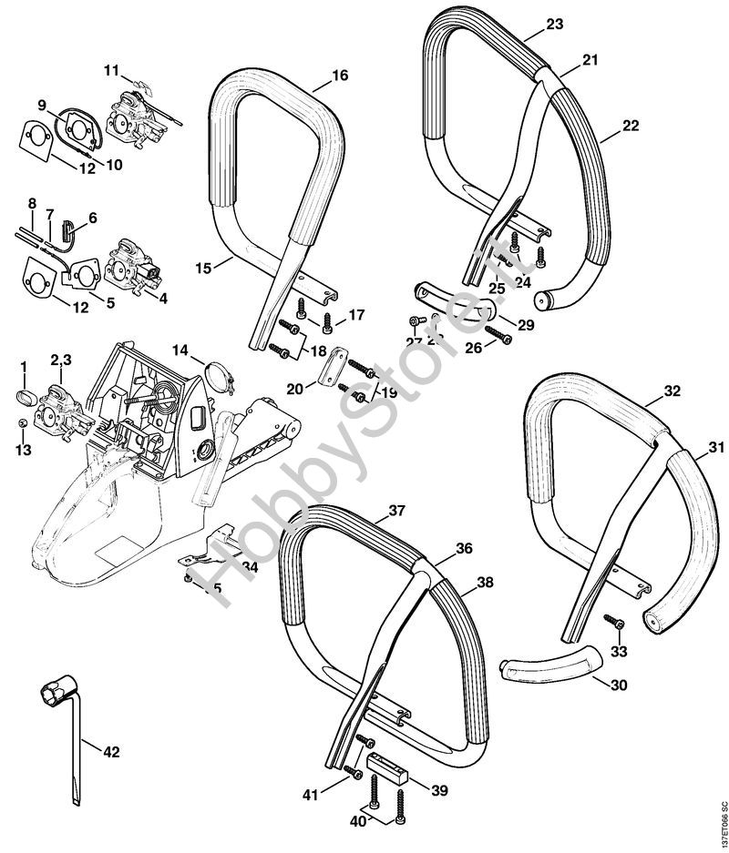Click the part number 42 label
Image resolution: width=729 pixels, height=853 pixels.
point(111,752)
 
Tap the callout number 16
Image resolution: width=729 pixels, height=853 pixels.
point(340,76)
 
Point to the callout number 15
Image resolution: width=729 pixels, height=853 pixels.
point(203,268)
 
